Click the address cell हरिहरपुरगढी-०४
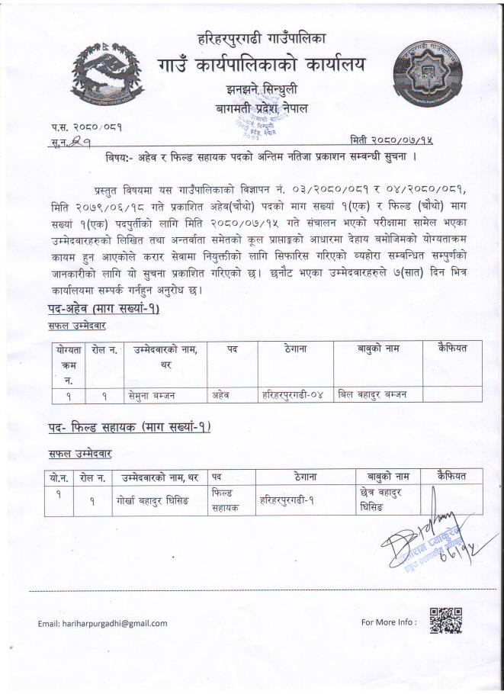coord(294,394)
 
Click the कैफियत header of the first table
coord(452,349)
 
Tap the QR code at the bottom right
coord(446,621)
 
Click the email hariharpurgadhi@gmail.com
coord(103,623)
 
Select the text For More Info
coord(389,622)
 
